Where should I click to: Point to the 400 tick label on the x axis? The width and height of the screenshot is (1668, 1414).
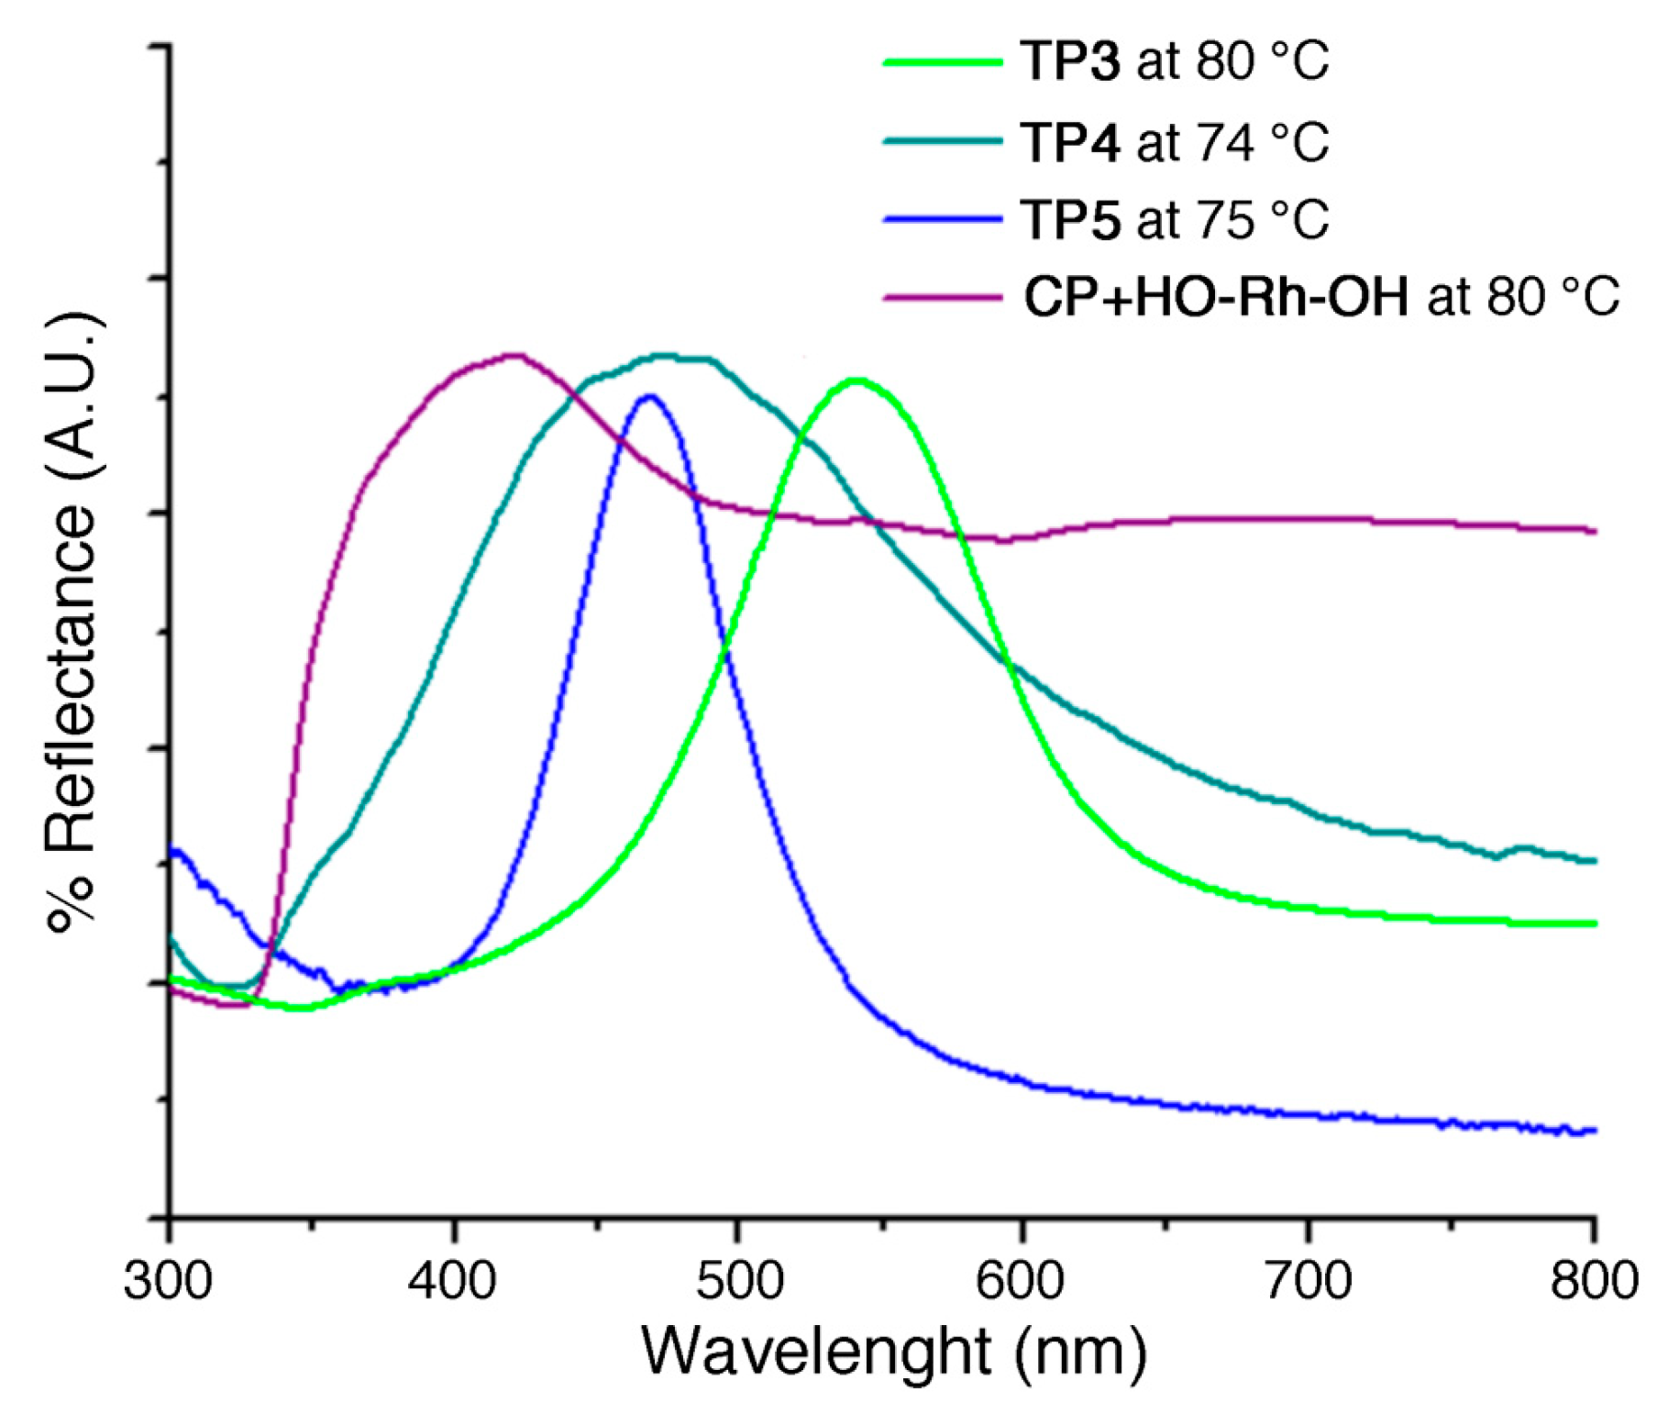pos(453,1280)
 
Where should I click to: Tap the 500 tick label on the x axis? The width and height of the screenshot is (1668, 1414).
pos(738,1280)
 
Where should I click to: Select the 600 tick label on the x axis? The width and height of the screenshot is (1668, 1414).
pos(1022,1280)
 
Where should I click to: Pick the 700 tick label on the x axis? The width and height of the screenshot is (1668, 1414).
pos(1308,1280)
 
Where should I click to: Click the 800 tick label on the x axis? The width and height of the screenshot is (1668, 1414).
pos(1594,1280)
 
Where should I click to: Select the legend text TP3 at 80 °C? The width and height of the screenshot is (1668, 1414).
pos(1174,62)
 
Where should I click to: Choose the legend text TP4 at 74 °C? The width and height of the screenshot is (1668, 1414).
pos(1174,142)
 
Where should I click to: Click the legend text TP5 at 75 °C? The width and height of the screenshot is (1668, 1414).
pos(1174,220)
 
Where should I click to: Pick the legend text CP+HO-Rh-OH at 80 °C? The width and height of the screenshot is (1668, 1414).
pos(1320,297)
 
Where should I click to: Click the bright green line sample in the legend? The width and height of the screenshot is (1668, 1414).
pos(942,62)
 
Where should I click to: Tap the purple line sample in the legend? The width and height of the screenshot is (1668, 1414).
pos(942,297)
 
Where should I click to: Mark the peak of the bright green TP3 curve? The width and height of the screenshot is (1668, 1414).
pos(856,380)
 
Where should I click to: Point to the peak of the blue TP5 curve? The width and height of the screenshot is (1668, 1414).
pos(650,396)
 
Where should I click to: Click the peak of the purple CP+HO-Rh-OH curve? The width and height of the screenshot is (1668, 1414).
pos(514,355)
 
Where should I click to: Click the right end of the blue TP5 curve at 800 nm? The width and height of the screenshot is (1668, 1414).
pos(1594,1131)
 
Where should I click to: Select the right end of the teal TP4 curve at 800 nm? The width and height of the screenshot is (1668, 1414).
pos(1594,860)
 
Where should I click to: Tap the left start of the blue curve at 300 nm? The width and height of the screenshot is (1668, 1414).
pos(172,850)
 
